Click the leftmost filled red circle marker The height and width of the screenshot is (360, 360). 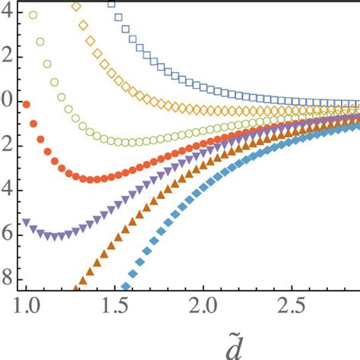point(27,104)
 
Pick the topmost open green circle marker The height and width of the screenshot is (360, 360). point(33,15)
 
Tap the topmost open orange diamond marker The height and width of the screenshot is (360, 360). point(75,6)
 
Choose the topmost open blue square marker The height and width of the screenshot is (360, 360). point(112,4)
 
